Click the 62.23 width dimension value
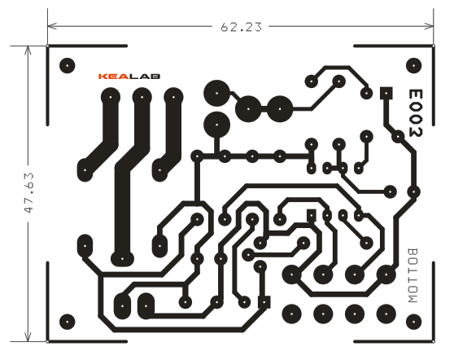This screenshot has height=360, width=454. (241, 27)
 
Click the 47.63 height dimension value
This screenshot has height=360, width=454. (29, 193)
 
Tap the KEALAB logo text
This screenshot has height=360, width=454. (129, 77)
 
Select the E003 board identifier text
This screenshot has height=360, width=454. (416, 112)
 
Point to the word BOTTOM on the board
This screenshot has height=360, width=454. (413, 275)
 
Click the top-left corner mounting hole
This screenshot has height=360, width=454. (68, 65)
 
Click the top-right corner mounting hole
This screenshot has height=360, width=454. (414, 65)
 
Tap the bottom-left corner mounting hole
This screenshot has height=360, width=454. (68, 322)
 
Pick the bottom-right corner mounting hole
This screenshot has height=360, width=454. (414, 322)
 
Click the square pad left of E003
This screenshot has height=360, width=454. (386, 93)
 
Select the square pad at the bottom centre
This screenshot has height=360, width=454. (264, 302)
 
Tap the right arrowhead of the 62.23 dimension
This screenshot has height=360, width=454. (430, 26)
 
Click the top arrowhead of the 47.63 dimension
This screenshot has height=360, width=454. (28, 50)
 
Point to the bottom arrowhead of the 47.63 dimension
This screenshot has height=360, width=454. (28, 336)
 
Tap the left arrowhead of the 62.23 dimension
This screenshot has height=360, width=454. (52, 26)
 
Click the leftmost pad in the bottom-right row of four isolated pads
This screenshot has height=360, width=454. (291, 314)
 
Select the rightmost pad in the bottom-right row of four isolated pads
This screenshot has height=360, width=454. (386, 314)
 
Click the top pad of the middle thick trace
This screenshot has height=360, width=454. (142, 97)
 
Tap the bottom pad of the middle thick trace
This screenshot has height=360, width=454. (122, 258)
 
